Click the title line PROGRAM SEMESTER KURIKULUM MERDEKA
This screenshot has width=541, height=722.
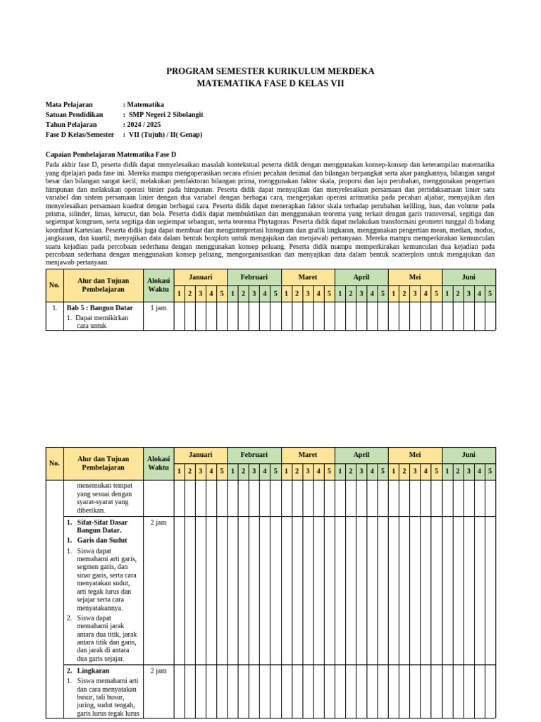(270, 71)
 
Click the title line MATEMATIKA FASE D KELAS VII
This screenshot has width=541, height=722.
(270, 83)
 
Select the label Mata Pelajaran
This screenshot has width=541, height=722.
(69, 104)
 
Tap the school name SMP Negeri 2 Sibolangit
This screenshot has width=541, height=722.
(166, 114)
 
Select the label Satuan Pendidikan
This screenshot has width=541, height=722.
(74, 114)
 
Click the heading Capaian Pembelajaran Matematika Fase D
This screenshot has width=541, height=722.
(111, 154)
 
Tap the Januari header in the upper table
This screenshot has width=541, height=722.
(200, 277)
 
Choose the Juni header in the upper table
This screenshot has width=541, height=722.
(468, 277)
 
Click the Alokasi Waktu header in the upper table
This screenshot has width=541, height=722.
(158, 285)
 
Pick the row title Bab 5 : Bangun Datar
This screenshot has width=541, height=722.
(99, 307)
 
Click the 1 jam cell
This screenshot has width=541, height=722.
(158, 307)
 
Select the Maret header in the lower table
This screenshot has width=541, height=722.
(308, 455)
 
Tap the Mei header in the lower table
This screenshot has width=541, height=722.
(415, 455)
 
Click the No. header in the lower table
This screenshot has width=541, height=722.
(55, 463)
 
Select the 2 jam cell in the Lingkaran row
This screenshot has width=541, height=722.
(158, 671)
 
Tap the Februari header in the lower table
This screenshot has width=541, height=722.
(254, 455)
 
